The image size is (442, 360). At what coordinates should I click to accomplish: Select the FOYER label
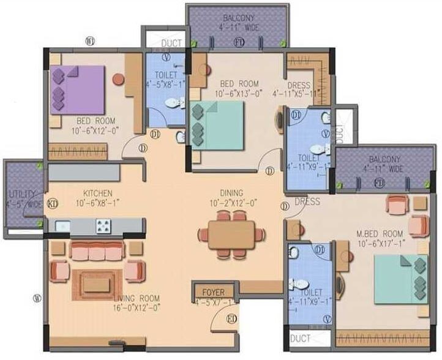pyautogui.click(x=214, y=292)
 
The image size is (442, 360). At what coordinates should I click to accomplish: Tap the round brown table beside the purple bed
pyautogui.click(x=118, y=78)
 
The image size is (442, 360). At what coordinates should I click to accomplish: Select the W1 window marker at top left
pyautogui.click(x=90, y=42)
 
